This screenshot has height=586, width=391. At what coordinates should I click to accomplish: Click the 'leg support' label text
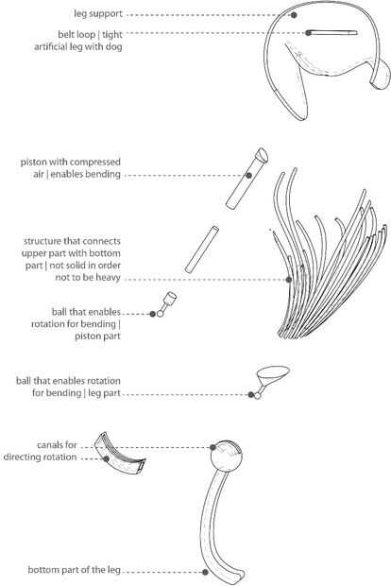pyautogui.click(x=98, y=14)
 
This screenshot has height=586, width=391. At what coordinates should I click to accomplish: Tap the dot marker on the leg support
pyautogui.click(x=294, y=15)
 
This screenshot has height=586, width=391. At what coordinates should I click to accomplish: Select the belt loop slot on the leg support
pyautogui.click(x=332, y=33)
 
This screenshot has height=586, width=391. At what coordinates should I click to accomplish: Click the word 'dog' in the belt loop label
pyautogui.click(x=114, y=46)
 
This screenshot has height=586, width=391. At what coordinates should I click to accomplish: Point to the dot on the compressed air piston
pyautogui.click(x=248, y=175)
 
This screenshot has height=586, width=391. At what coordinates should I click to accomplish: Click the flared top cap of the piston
pyautogui.click(x=262, y=155)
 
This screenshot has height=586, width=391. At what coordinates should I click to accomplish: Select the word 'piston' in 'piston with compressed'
pyautogui.click(x=33, y=163)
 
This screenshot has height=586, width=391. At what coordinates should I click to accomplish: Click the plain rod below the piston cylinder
pyautogui.click(x=202, y=250)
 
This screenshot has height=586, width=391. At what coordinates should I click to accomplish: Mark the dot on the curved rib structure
pyautogui.click(x=289, y=280)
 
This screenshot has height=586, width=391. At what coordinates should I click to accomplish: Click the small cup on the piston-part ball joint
pyautogui.click(x=170, y=299)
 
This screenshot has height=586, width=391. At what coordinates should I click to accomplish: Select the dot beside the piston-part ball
pyautogui.click(x=152, y=314)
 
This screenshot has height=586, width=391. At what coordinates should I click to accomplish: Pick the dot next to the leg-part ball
pyautogui.click(x=251, y=395)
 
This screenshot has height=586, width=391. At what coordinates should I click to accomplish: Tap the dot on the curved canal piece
pyautogui.click(x=107, y=458)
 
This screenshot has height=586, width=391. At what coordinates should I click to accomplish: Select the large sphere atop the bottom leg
pyautogui.click(x=227, y=456)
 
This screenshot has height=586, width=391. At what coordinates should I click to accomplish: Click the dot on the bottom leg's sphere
pyautogui.click(x=212, y=447)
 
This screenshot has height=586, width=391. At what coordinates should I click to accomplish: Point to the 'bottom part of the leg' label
pyautogui.click(x=75, y=570)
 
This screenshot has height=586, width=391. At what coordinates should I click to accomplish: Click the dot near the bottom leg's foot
pyautogui.click(x=205, y=572)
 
